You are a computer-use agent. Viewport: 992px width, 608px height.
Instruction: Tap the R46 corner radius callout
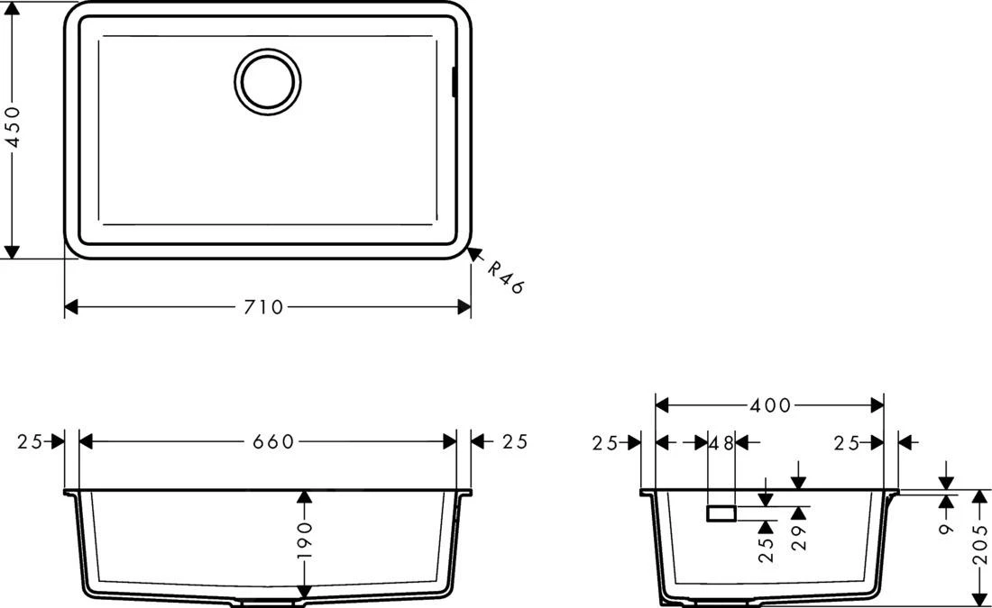coord(505,277)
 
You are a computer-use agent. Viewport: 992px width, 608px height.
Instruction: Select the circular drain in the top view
coord(267,80)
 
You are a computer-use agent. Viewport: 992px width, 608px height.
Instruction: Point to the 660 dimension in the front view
coord(273,441)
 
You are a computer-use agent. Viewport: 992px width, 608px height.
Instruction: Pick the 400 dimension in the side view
coord(770,406)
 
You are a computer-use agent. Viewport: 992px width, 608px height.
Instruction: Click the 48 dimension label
coord(722,442)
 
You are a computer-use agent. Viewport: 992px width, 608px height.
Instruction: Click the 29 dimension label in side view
coord(799,539)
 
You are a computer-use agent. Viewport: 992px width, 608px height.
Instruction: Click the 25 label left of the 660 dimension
coord(31,441)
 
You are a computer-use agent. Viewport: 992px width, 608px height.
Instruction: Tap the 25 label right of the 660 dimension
coord(514,441)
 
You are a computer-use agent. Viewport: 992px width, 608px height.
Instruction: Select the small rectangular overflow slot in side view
coord(721,513)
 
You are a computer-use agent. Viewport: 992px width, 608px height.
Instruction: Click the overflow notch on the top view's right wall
coord(454,80)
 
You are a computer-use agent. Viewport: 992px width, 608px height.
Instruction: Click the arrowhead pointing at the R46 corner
coord(473,255)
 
